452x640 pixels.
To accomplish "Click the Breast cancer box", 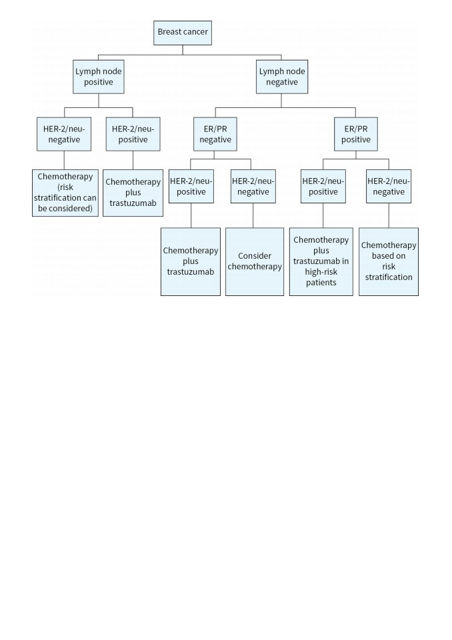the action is [x=183, y=33].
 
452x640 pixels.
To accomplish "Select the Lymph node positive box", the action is [x=99, y=77].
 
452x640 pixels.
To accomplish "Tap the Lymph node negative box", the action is [x=282, y=77].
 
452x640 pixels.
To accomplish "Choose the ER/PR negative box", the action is [x=215, y=134].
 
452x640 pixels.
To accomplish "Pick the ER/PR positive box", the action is [x=355, y=134].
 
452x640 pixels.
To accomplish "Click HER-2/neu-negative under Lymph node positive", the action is [x=64, y=134].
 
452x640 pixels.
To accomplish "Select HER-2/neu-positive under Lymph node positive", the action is [x=133, y=134].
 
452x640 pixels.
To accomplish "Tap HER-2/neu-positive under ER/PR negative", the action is [x=191, y=186].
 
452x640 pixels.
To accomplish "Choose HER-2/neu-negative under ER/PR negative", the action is [x=253, y=186].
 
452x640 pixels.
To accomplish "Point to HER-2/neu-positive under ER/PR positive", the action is [x=323, y=186].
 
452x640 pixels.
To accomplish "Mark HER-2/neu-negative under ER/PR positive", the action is [x=389, y=186].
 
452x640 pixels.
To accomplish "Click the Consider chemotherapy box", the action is [x=255, y=261].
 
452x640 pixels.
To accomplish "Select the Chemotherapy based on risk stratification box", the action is [x=389, y=261].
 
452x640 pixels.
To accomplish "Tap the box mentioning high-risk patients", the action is [x=321, y=261].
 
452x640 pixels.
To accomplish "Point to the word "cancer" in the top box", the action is [x=195, y=32].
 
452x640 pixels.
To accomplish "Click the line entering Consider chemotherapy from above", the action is [x=253, y=215].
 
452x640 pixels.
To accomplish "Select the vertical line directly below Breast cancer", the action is [x=183, y=50].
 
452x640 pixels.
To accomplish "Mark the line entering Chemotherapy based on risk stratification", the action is [x=389, y=215].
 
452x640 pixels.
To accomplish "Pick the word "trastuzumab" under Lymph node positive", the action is [x=133, y=203].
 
